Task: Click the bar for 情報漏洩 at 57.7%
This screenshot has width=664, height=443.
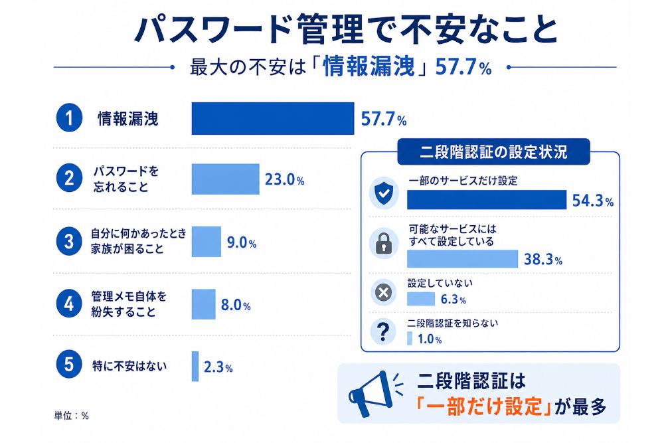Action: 273,119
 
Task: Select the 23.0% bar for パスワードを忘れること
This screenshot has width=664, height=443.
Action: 225,179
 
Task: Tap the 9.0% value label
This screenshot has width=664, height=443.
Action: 242,242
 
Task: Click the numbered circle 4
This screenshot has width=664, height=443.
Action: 69,304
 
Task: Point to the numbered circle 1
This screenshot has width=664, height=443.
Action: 69,118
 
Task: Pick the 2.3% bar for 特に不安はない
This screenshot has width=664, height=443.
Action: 195,367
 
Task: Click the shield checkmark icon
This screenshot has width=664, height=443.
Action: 384,193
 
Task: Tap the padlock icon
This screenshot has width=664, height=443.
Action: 384,243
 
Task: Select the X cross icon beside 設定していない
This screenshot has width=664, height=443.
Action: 383,292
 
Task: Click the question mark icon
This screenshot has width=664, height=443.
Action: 383,331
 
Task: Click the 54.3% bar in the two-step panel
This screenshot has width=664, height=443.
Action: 487,200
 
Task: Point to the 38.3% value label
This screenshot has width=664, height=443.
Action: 543,259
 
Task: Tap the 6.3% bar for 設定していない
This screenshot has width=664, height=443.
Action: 421,299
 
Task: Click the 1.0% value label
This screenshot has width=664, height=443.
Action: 430,339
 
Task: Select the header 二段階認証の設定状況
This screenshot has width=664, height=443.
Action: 493,151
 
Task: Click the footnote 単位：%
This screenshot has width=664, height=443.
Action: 72,416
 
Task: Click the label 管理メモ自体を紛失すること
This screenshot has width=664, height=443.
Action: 129,304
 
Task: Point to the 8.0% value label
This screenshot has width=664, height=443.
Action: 236,305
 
